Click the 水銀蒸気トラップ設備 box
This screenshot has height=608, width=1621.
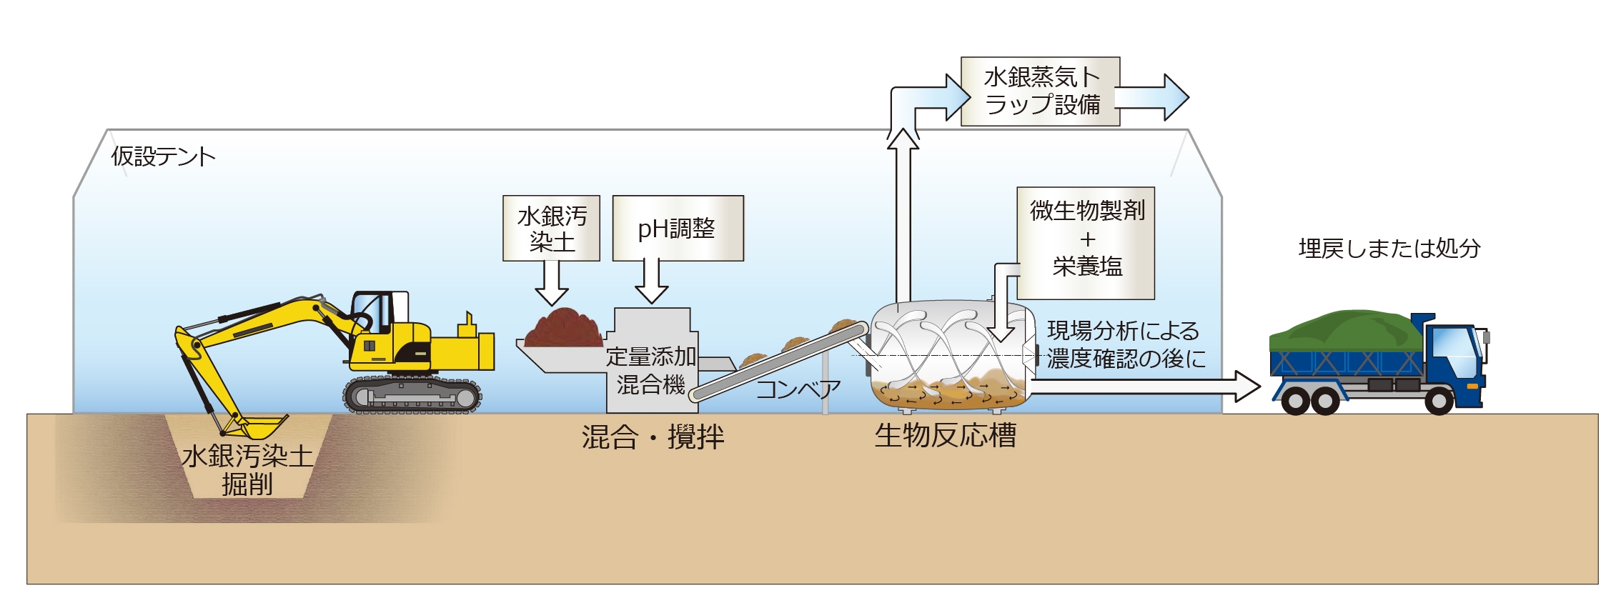click(x=1040, y=91)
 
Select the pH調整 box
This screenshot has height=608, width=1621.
click(x=678, y=229)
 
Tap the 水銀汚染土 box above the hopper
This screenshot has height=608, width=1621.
click(x=551, y=229)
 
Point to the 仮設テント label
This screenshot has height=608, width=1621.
click(x=163, y=156)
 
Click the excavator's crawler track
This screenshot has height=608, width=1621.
click(x=413, y=395)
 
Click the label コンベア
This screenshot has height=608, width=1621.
click(x=798, y=389)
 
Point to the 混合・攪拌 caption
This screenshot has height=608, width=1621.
click(x=653, y=437)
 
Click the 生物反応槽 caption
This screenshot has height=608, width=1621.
click(x=945, y=436)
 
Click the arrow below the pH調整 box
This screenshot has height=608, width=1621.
click(x=651, y=282)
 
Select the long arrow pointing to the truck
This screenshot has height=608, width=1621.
click(x=1144, y=387)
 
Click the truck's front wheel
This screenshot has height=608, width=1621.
click(x=1438, y=401)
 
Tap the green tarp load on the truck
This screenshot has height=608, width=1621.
click(x=1344, y=330)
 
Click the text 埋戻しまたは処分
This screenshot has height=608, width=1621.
click(x=1389, y=249)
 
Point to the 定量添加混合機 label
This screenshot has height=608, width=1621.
click(x=650, y=370)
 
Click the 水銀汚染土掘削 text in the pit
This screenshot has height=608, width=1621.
click(x=247, y=469)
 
